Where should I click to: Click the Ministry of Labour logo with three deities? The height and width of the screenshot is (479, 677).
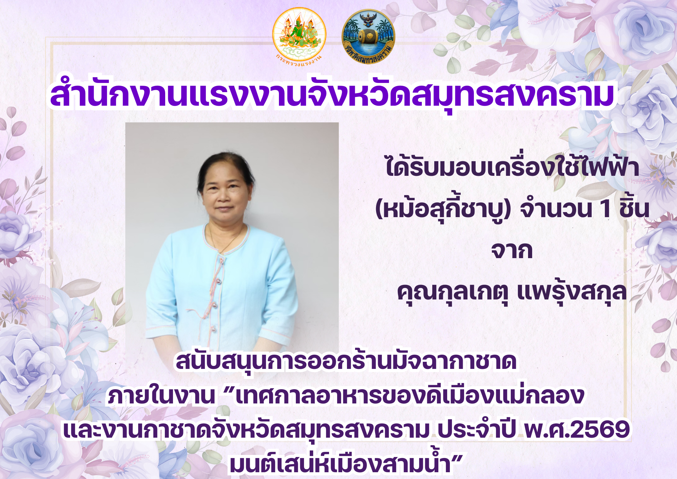pos(299,36)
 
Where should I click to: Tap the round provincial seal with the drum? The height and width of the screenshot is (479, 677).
pos(368,36)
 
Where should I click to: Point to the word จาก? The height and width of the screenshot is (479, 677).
pos(512,251)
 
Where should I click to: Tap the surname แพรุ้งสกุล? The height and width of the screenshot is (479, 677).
pos(572,292)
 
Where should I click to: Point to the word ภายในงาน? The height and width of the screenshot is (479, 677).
pos(161,395)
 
